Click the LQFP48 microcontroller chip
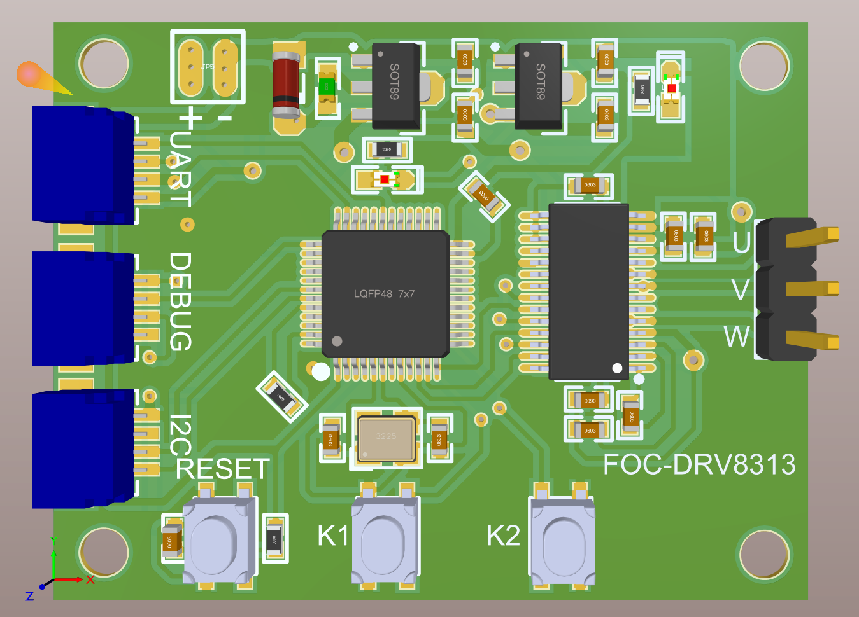pos(385,293)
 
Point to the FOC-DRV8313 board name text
pos(699,465)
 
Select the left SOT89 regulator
pos(395,86)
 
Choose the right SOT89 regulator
pos(539,86)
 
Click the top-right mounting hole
pos(764,66)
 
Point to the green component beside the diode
pos(327,85)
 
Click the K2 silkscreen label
pos(503,536)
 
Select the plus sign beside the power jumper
pos(190,118)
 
